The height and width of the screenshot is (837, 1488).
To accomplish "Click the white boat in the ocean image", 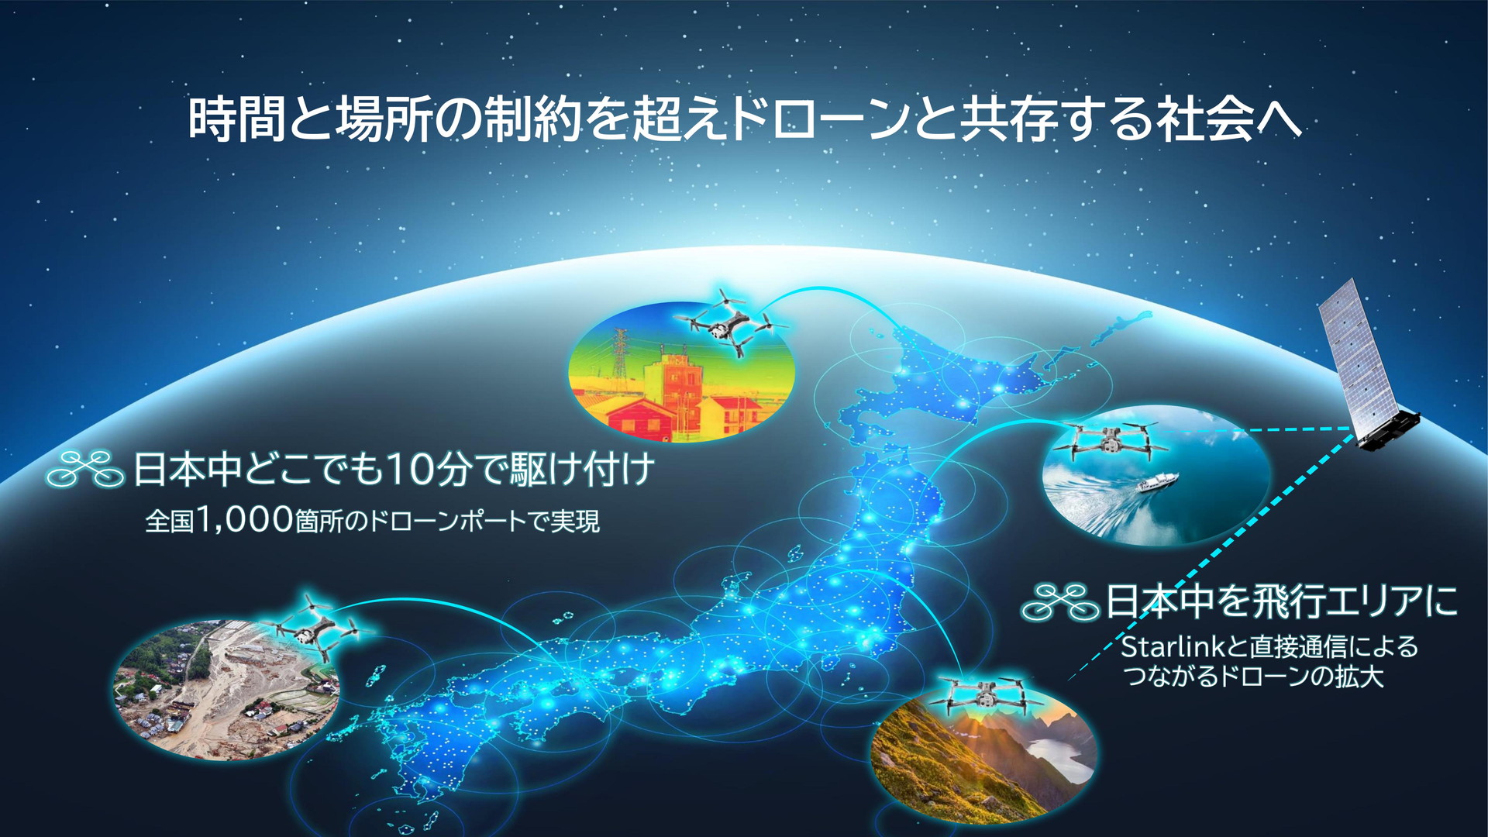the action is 1156,483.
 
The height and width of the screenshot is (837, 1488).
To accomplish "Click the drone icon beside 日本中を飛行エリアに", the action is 1060,602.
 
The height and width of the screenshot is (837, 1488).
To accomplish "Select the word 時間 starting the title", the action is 237,119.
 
